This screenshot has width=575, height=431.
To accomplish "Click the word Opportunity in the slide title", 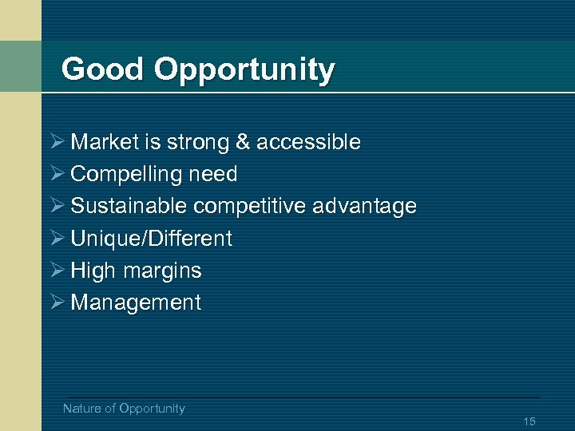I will click(244, 71).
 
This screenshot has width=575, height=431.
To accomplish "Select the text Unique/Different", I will click(151, 238).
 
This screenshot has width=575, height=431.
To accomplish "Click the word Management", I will click(136, 302).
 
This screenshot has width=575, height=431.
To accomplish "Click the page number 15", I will click(529, 421).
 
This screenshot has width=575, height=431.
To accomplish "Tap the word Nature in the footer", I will click(81, 409).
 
